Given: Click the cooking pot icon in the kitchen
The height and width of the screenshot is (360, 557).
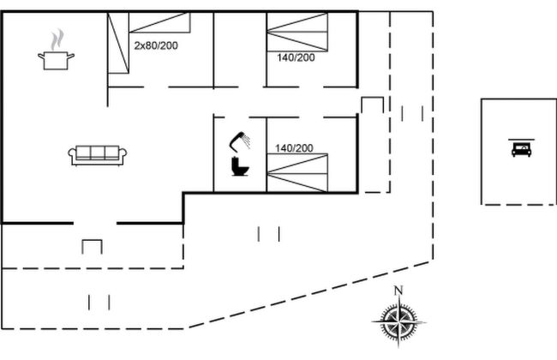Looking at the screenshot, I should click(x=56, y=59).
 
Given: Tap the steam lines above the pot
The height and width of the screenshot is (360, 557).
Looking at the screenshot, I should click(x=57, y=39).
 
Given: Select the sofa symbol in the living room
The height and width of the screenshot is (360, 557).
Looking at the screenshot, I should click(x=98, y=154).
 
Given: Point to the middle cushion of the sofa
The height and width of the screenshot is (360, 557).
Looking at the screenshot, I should click(x=98, y=153).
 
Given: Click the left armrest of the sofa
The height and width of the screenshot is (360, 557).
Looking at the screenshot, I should click(x=72, y=155).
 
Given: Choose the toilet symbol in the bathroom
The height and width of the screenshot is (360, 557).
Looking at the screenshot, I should click(x=240, y=166).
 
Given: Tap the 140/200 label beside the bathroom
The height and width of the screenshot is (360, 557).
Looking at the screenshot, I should click(x=294, y=148).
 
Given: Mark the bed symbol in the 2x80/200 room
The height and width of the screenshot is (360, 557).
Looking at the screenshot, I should click(x=147, y=43).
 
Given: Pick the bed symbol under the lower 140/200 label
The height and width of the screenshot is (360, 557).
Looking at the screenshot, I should click(x=296, y=173).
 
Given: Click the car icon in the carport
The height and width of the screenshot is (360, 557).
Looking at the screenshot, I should click(x=519, y=150).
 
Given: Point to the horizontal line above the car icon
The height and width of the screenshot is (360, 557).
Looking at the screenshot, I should click(x=519, y=138).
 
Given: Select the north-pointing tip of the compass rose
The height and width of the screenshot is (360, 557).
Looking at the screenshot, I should click(x=398, y=300).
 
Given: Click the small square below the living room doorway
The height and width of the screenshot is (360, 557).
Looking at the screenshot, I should click(x=92, y=247).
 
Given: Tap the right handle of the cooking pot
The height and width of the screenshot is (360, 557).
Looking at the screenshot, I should click(x=71, y=56).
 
